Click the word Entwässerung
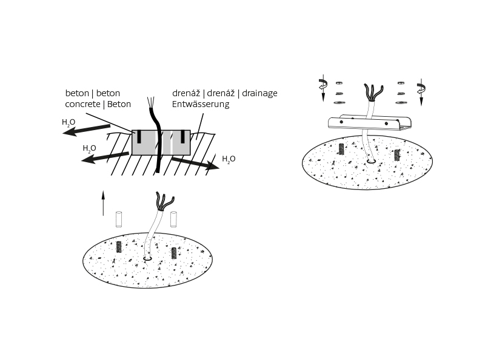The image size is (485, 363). pos(201,104)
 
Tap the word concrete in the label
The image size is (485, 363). pos(82,104)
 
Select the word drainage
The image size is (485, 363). pos(259,93)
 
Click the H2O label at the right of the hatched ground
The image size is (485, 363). pos(229,159)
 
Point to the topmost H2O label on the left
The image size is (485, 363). pos(69,123)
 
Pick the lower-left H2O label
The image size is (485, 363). pos(89,149)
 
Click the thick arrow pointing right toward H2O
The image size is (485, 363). pos(195,163)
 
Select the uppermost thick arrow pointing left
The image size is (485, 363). pos(86,130)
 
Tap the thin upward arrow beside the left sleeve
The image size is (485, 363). pos(103,203)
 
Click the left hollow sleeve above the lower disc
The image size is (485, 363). pos(118,219)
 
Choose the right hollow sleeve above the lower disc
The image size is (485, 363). pos(173,219)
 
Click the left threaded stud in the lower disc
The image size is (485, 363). pos(118,247)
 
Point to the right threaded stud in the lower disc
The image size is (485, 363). pos(174,253)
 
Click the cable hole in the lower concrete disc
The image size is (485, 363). pos(147,258)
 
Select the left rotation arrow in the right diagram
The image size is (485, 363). pos(323,87)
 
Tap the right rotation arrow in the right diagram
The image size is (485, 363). pos(421,90)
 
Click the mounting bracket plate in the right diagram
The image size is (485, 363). pos(370,123)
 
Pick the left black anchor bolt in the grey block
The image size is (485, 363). pos(139,137)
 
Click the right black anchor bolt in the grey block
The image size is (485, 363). pos(183,137)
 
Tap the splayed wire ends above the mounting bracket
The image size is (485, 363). pos(373,93)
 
